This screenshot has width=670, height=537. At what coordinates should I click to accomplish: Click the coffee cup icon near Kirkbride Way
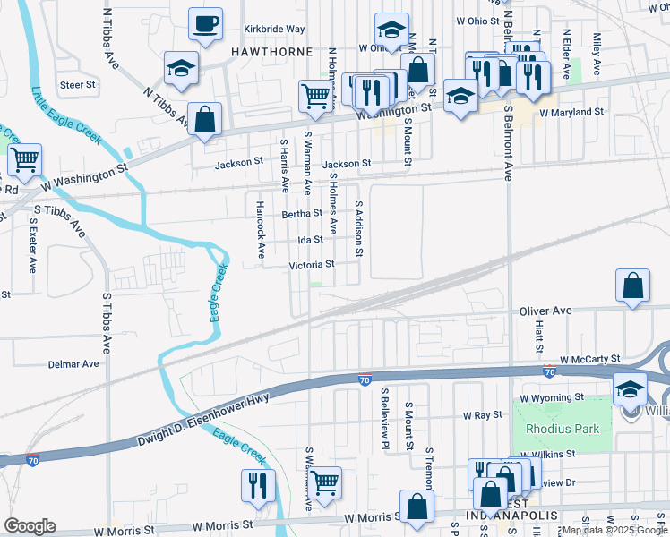205,22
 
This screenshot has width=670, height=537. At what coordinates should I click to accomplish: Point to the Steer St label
78,85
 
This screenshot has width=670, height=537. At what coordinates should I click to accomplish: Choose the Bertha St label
302,214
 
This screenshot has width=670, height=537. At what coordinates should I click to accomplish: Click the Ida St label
310,239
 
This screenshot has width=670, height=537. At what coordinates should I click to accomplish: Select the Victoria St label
311,264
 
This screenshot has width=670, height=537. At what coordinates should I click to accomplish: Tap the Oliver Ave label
545,311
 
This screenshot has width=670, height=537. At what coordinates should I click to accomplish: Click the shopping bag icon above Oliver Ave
632,286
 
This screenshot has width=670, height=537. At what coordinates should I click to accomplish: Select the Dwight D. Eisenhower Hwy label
202,422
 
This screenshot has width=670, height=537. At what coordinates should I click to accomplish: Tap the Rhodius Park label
563,429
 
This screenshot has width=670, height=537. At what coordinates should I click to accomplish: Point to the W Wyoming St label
552,396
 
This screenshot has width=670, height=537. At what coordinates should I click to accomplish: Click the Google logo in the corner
30,526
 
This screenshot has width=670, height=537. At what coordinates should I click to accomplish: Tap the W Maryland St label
571,113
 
